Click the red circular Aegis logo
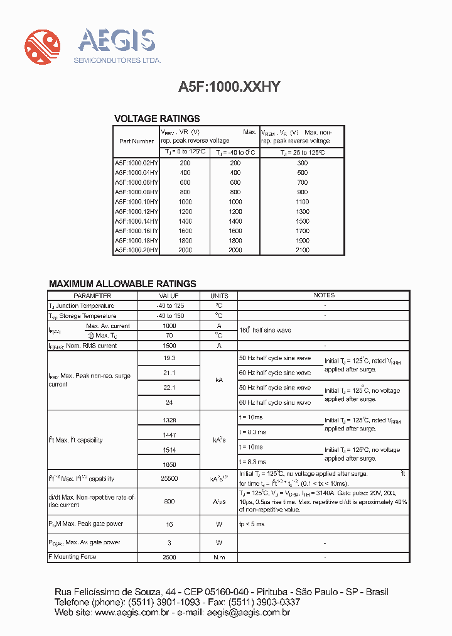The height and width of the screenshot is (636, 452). [x=43, y=45]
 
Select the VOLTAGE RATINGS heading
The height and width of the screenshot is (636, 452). [x=157, y=118]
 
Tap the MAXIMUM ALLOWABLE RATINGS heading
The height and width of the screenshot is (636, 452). [x=122, y=284]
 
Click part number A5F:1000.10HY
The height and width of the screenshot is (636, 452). [x=136, y=202]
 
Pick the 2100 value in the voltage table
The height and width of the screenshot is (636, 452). [x=302, y=250]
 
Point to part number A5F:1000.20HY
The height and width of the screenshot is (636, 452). [x=136, y=250]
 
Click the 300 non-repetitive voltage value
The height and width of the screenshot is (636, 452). [x=302, y=163]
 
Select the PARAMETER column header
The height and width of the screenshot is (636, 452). [x=92, y=295]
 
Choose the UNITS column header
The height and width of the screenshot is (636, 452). [x=219, y=295]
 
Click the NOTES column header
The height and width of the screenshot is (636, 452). [x=324, y=295]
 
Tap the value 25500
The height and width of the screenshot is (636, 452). [x=169, y=479]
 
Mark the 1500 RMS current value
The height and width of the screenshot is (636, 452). [x=169, y=346]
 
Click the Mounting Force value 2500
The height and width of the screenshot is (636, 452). [x=169, y=557]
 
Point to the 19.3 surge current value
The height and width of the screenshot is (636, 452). [x=169, y=358]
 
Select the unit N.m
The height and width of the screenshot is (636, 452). [x=219, y=557]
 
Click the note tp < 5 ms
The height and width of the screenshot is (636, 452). [x=252, y=524]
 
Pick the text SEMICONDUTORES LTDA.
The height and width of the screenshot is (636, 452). [x=117, y=60]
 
